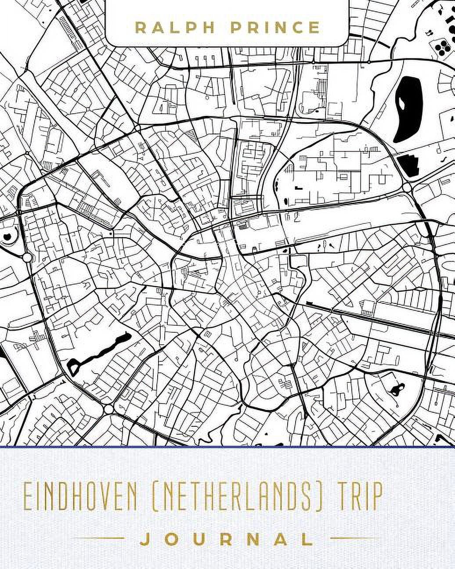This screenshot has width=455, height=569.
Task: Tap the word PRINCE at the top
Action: [275, 28]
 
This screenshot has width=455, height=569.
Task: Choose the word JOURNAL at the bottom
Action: [227, 538]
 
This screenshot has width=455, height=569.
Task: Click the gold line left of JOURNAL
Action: [104, 538]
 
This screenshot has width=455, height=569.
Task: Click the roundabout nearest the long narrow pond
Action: [109, 409]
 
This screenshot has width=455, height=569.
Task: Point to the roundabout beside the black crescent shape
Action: [27, 257]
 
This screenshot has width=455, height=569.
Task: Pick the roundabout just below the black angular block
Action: [407, 187]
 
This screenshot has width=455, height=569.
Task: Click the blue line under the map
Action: [227, 447]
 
